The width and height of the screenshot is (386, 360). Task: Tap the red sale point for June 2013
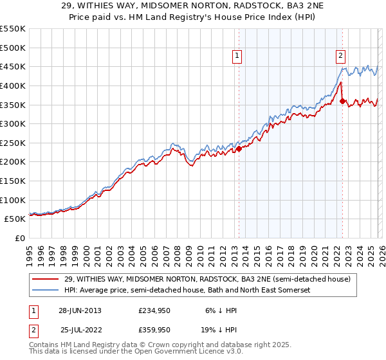coord(239,148)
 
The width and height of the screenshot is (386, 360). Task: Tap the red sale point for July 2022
coord(342,101)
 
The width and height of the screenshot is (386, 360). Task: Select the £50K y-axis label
coord(15,219)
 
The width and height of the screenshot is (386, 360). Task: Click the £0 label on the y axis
coord(19,238)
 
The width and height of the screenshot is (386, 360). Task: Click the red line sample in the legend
coord(46,279)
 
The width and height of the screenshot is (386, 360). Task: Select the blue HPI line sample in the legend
coord(46,291)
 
